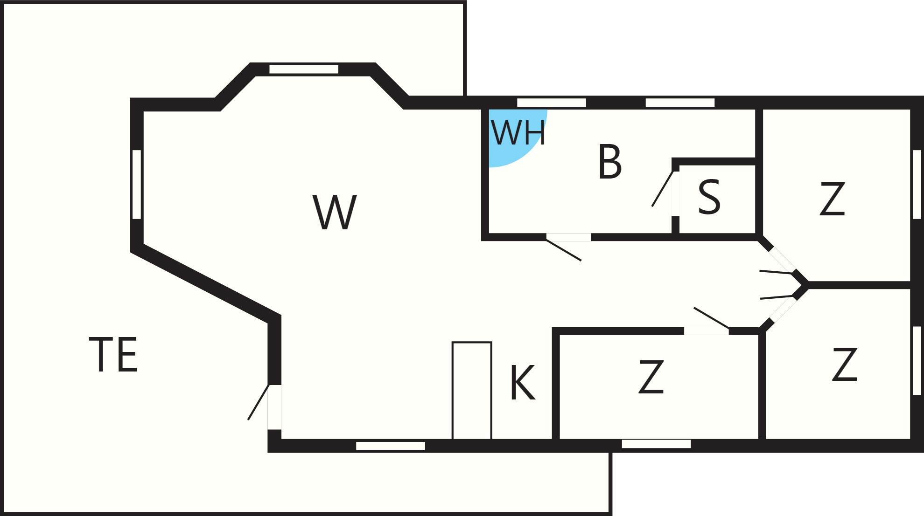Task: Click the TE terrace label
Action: coord(113,354)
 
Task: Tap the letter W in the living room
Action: coord(335,212)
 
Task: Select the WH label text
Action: coord(518,133)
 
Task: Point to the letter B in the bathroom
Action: coord(610,162)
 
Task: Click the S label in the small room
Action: coord(709,197)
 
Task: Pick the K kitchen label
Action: coord(523,382)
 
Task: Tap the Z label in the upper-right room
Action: coord(833,199)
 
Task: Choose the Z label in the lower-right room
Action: coord(845,364)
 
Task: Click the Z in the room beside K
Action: coord(651,377)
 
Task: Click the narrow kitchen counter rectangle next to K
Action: coord(472,391)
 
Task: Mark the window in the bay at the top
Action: coord(304,69)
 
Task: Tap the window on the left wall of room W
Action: coord(137,184)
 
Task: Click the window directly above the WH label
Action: coord(552,103)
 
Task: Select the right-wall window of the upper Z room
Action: coord(917,184)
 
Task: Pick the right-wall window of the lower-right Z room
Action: coord(917,361)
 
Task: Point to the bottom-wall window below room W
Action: coord(391,446)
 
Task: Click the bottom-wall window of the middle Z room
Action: coord(657,444)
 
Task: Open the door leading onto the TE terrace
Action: coord(274,407)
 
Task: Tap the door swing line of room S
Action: coord(663,189)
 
